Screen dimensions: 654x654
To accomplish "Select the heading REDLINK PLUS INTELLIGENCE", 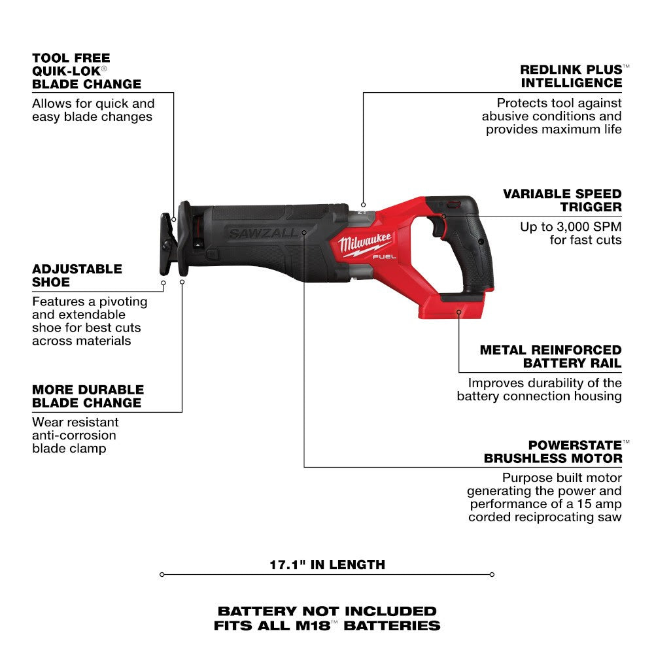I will coord(571,76).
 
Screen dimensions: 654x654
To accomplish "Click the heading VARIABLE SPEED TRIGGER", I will coord(562,200).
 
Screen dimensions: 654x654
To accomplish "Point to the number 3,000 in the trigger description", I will coord(572,226).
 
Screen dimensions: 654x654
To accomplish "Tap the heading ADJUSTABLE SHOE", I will coord(77,275).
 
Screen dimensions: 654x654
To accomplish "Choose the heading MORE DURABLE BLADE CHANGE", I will coord(86,396).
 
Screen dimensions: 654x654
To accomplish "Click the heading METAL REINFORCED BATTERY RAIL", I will coord(551,356).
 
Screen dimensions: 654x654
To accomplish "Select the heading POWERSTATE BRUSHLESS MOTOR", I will coord(553,452).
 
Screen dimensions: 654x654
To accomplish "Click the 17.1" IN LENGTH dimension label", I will coord(327,564).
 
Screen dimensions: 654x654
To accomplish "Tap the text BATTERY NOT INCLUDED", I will coord(327,611).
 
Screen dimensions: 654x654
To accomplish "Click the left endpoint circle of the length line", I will coord(162,575).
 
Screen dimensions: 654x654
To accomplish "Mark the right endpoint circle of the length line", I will coord(492,575).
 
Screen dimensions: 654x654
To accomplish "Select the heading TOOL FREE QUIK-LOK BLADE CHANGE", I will coord(86,71).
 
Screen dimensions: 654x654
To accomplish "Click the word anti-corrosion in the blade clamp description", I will coord(74,435).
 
